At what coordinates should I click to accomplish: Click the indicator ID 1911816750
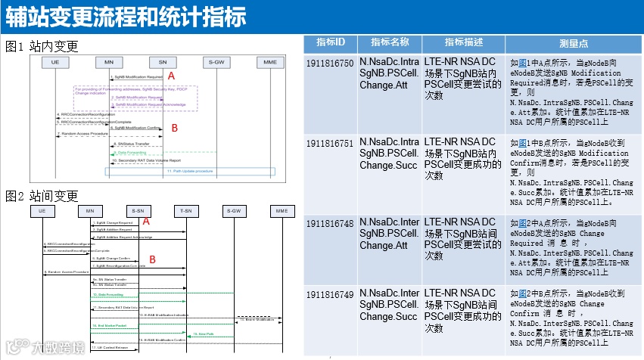pos(330,63)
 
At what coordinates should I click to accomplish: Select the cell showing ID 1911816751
pos(330,143)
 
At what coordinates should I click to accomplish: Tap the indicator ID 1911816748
pos(330,223)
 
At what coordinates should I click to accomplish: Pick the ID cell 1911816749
pos(330,294)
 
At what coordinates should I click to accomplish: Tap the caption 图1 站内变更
pos(42,47)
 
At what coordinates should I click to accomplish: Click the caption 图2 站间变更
pos(42,197)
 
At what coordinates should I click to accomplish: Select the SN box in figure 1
pos(163,61)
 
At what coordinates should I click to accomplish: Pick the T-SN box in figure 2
pos(185,209)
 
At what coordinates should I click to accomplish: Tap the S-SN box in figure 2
pos(137,209)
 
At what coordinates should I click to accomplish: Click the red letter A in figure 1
pos(171,76)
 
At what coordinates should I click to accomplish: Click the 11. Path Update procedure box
pos(190,172)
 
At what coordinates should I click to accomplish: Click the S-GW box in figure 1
pos(216,61)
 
